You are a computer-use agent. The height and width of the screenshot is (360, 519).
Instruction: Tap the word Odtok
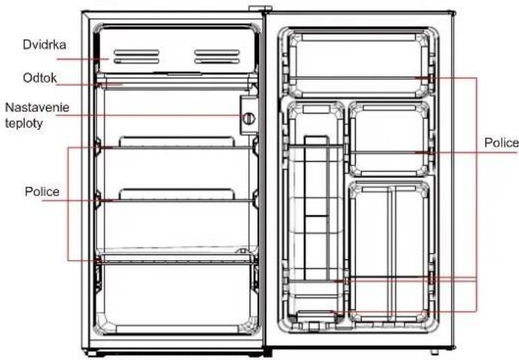pyautogui.click(x=38, y=77)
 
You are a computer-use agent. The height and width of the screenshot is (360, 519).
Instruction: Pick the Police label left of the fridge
pyautogui.click(x=41, y=192)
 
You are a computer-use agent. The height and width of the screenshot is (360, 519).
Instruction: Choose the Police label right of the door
pyautogui.click(x=501, y=142)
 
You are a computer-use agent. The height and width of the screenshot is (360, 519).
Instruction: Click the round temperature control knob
pyautogui.click(x=248, y=118)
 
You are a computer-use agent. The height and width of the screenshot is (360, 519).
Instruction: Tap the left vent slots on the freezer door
pyautogui.click(x=136, y=56)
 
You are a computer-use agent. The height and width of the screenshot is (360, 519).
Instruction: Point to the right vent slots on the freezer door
pyautogui.click(x=217, y=56)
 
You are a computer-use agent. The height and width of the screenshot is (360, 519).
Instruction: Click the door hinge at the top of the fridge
pyautogui.click(x=264, y=11)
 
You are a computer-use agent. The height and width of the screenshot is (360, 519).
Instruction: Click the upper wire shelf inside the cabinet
pyautogui.click(x=181, y=146)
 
